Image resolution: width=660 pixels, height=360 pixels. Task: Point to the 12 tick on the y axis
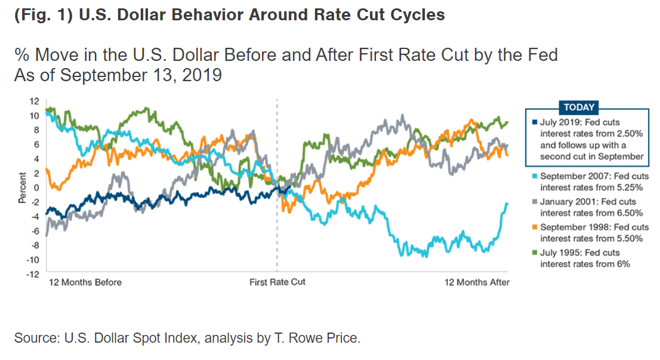[36, 101]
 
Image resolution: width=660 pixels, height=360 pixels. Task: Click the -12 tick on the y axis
[35, 274]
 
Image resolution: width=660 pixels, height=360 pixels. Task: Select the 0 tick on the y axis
[37, 187]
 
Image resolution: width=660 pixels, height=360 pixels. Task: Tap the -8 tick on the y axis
[36, 245]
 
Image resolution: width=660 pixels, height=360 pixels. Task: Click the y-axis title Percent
[22, 188]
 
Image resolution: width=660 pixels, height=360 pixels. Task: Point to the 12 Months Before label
[85, 282]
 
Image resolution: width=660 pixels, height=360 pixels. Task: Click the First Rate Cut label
[277, 282]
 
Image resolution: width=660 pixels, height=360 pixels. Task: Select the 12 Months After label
[477, 282]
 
